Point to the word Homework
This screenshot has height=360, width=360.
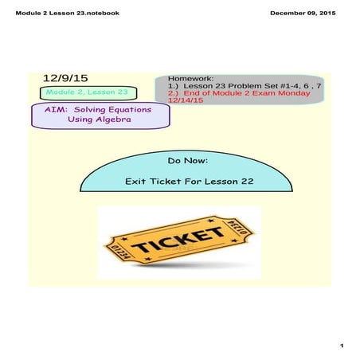click(x=191, y=80)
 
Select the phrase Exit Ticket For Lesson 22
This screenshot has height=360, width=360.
click(x=189, y=182)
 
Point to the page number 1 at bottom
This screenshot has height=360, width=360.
click(x=340, y=346)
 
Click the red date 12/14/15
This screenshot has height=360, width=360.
click(x=186, y=100)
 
